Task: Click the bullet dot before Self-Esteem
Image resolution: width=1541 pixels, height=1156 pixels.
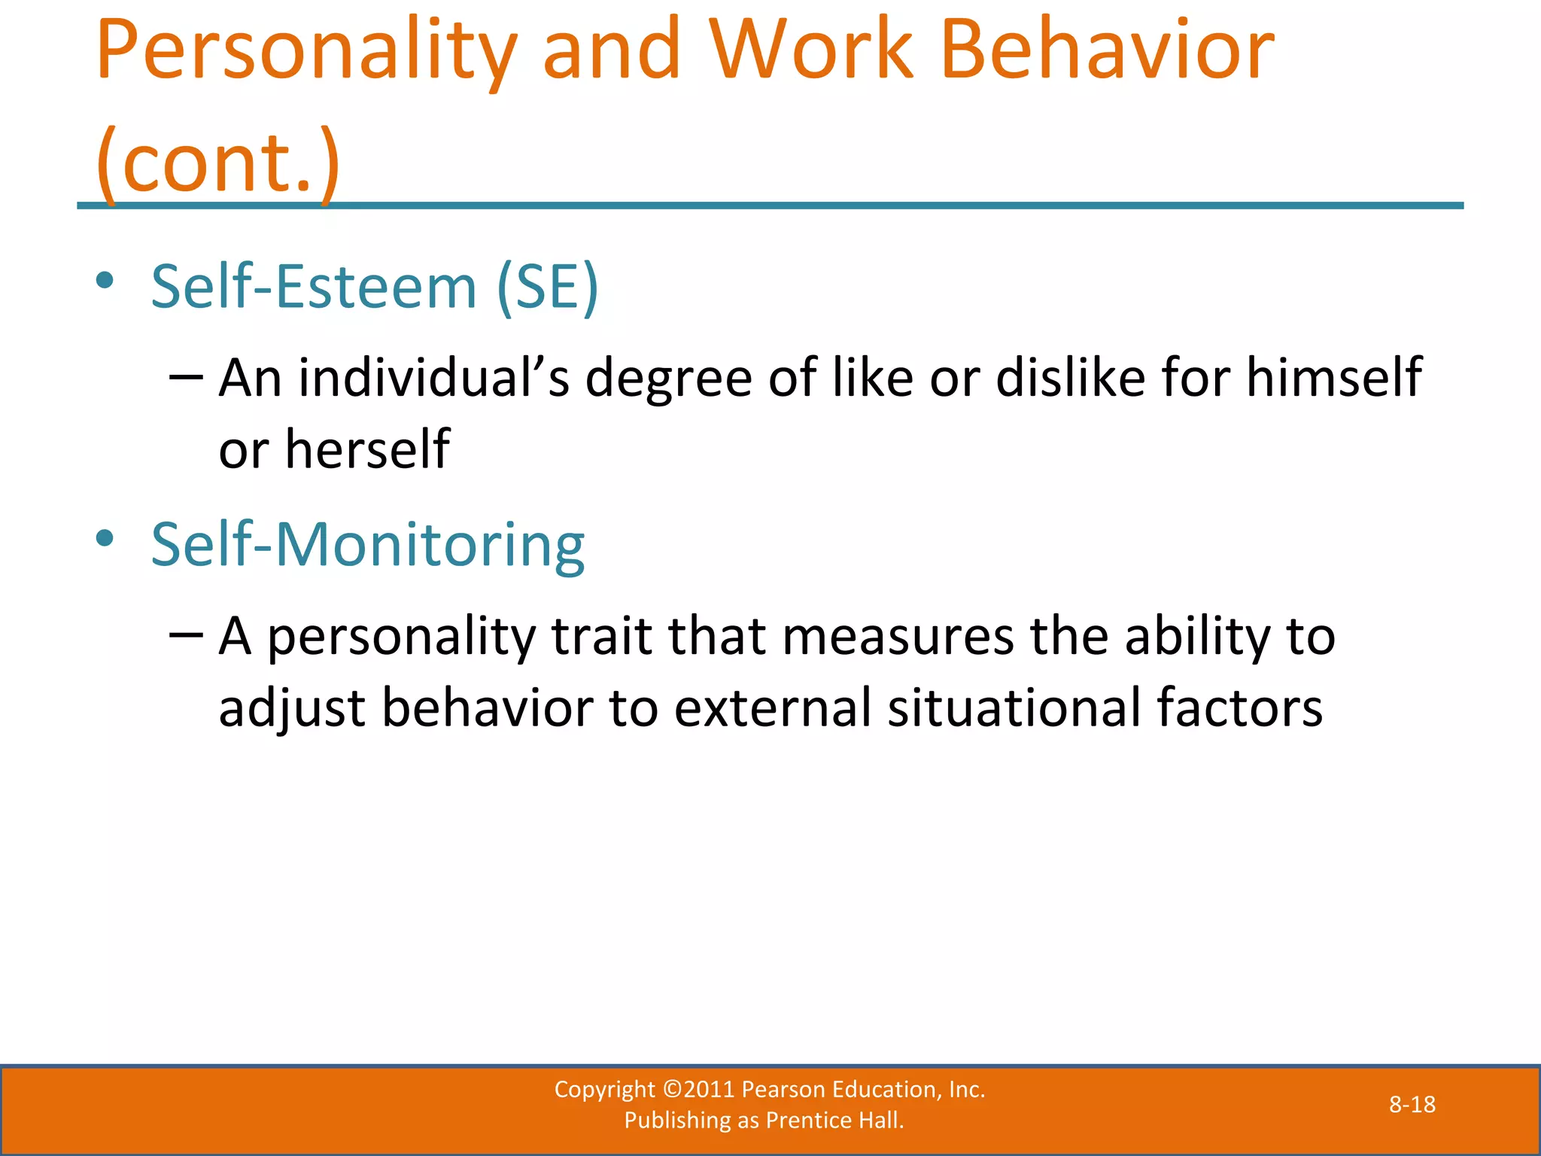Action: (x=105, y=281)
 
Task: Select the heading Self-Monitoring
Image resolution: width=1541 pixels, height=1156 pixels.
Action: (x=368, y=544)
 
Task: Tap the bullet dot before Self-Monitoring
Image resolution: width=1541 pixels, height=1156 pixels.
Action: (x=105, y=538)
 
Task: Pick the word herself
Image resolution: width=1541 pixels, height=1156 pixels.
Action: (x=367, y=449)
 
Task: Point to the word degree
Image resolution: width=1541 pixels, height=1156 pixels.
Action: (x=668, y=379)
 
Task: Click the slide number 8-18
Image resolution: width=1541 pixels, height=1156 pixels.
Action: (x=1412, y=1105)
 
